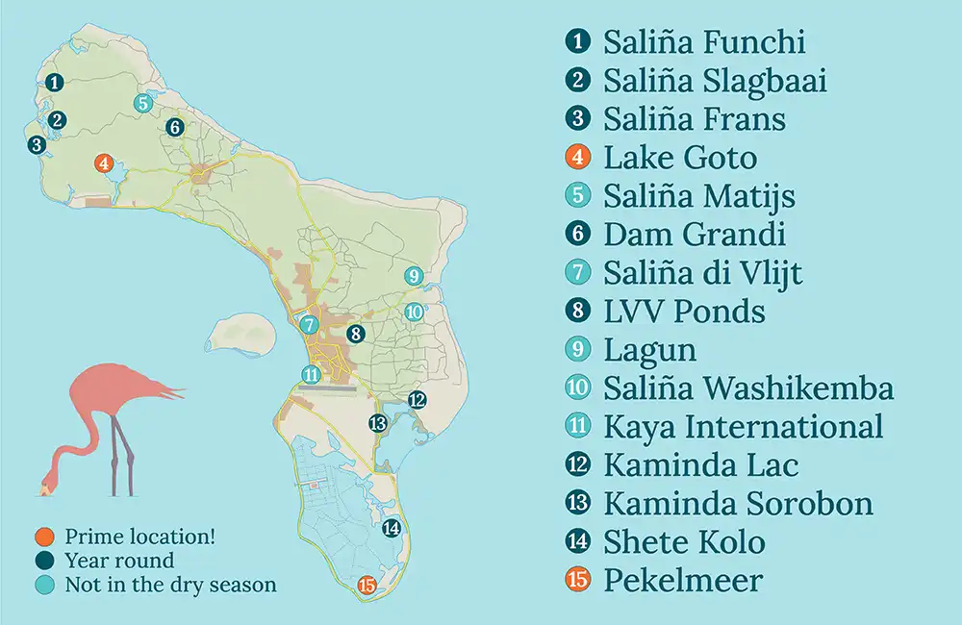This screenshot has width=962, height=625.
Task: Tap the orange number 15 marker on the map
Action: (x=366, y=584)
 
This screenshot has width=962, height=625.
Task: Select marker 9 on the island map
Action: (x=414, y=276)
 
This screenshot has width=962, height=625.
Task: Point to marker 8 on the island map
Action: (x=355, y=335)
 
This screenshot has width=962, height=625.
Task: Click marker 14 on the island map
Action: (x=391, y=527)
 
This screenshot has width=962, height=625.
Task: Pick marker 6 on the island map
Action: (x=174, y=126)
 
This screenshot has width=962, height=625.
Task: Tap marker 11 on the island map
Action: (x=310, y=375)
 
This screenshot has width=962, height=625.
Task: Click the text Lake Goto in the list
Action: (x=679, y=157)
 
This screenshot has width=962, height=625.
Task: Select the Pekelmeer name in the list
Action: (x=682, y=581)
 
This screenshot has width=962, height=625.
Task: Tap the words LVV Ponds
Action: (x=684, y=312)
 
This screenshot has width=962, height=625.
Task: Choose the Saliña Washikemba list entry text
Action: (x=748, y=388)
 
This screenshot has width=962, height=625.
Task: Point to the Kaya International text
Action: (x=743, y=427)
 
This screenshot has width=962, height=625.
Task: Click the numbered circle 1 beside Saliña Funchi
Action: (x=578, y=41)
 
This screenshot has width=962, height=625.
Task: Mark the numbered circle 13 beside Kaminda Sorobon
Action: (x=578, y=503)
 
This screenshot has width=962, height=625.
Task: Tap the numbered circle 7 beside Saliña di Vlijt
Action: (x=578, y=272)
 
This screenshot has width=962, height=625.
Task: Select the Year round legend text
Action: (x=119, y=561)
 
